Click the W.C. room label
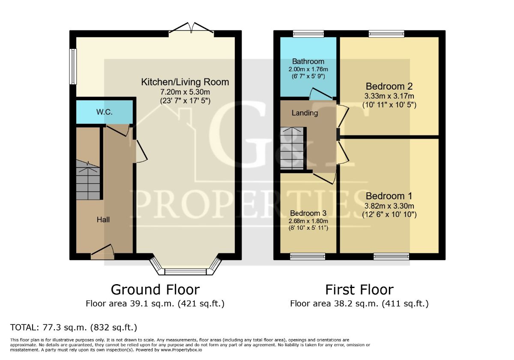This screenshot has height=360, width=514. pyautogui.click(x=105, y=112)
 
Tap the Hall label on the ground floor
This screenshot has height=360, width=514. pyautogui.click(x=103, y=220)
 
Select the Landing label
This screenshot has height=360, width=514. pyautogui.click(x=305, y=113)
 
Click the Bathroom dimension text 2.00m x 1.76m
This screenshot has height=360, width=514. pyautogui.click(x=308, y=69)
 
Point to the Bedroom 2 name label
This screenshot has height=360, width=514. pyautogui.click(x=389, y=86)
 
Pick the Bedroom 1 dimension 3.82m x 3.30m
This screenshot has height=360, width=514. pyautogui.click(x=389, y=206)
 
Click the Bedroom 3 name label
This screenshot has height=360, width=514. pyautogui.click(x=308, y=213)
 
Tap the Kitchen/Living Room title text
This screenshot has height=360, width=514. pyautogui.click(x=185, y=82)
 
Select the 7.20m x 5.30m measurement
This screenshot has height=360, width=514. pyautogui.click(x=185, y=92)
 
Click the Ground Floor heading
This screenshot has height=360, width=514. pyautogui.click(x=155, y=290)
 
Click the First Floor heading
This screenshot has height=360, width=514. pyautogui.click(x=359, y=290)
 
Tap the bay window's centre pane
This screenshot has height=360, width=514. pyautogui.click(x=185, y=272)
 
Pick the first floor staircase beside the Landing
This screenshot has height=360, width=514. pyautogui.click(x=292, y=148)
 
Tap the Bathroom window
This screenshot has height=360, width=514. pyautogui.click(x=308, y=34)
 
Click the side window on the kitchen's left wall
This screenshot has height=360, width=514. pyautogui.click(x=73, y=66)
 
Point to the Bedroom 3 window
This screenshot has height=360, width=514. pyautogui.click(x=308, y=257)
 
